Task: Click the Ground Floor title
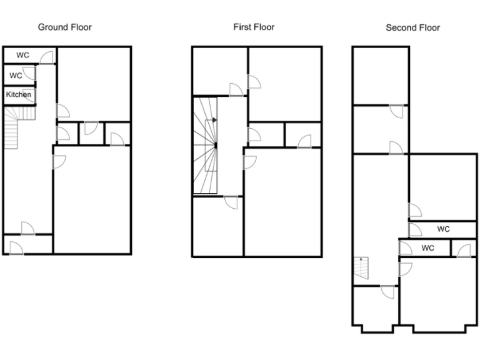pyautogui.click(x=65, y=27)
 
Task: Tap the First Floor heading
pyautogui.click(x=254, y=27)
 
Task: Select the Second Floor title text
pyautogui.click(x=412, y=27)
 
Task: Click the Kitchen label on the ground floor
pyautogui.click(x=19, y=94)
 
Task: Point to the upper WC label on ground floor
pyautogui.click(x=22, y=55)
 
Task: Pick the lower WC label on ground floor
pyautogui.click(x=16, y=76)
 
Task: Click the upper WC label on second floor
pyautogui.click(x=443, y=229)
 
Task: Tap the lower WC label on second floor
pyautogui.click(x=427, y=248)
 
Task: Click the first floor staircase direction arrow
pyautogui.click(x=214, y=119)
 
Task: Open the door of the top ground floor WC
pyautogui.click(x=47, y=58)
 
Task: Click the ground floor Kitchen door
pyautogui.click(x=29, y=96)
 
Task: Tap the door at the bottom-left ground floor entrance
pyautogui.click(x=16, y=248)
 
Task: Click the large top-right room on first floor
pyautogui.click(x=285, y=84)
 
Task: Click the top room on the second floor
pyautogui.click(x=380, y=75)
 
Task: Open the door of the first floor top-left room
pyautogui.click(x=236, y=91)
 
